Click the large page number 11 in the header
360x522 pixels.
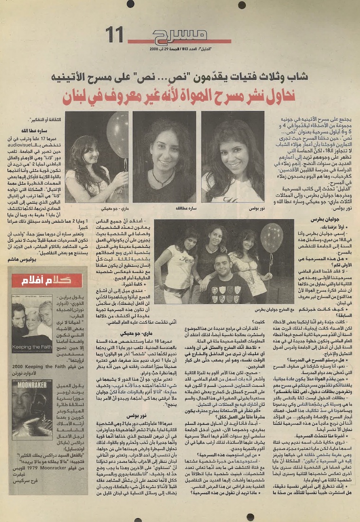click(115, 35)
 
